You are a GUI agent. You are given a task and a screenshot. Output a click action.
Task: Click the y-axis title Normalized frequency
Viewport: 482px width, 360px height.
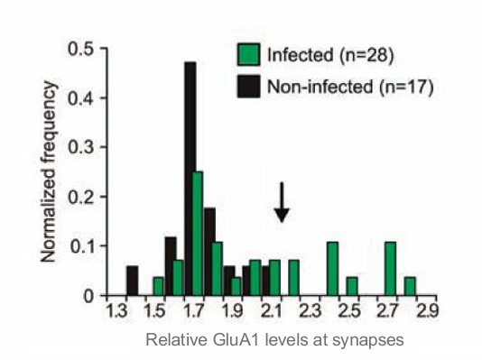click(51, 171)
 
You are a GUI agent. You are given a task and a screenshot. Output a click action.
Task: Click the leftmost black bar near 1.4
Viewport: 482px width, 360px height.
click(132, 281)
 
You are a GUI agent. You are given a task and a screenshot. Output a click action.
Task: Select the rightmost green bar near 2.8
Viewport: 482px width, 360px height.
click(410, 286)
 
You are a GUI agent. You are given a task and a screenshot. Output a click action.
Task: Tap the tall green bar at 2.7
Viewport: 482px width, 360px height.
click(390, 269)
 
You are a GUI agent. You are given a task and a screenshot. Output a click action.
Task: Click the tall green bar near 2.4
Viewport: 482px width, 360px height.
click(332, 269)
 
